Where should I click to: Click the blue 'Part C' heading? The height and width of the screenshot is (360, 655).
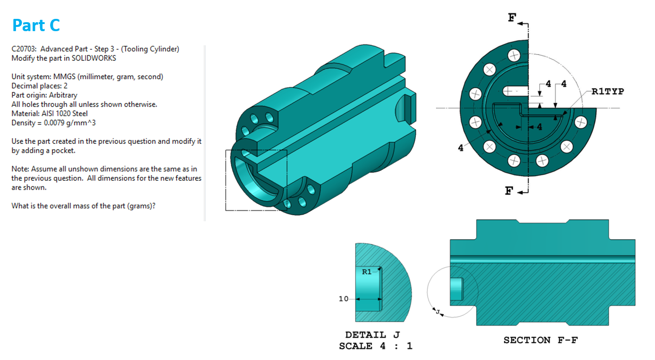pos(36,25)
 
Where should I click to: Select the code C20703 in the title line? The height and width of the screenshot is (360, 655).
pos(24,49)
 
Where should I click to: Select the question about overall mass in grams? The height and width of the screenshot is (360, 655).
pos(84,206)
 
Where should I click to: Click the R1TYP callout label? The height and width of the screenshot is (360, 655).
pos(607,92)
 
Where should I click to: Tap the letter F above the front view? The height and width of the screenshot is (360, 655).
pos(512,18)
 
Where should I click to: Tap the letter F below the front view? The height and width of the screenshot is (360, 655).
pos(509,191)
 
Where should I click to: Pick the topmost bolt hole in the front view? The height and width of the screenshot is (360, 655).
pos(512,56)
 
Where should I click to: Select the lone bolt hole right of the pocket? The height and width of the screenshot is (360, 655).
pos(580,123)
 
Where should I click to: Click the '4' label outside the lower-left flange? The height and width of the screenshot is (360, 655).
pos(461,148)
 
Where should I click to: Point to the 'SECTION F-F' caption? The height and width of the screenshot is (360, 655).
pos(540,340)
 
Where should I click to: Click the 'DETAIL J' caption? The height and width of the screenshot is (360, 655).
pos(372,335)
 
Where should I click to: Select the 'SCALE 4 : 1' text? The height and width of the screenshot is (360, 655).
pos(375,346)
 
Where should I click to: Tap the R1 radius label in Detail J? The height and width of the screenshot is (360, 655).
pos(367,272)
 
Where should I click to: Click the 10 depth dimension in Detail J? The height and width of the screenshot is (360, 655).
pos(344,299)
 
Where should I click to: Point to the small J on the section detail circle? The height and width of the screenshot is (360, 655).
pos(437,312)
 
